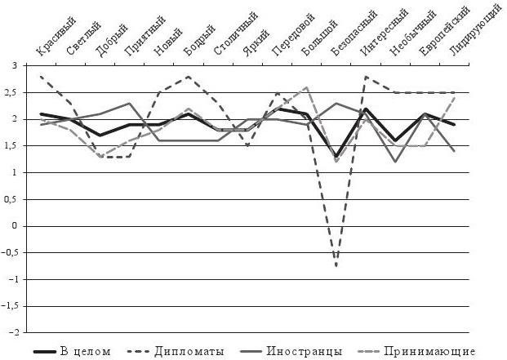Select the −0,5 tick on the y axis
[10, 253]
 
